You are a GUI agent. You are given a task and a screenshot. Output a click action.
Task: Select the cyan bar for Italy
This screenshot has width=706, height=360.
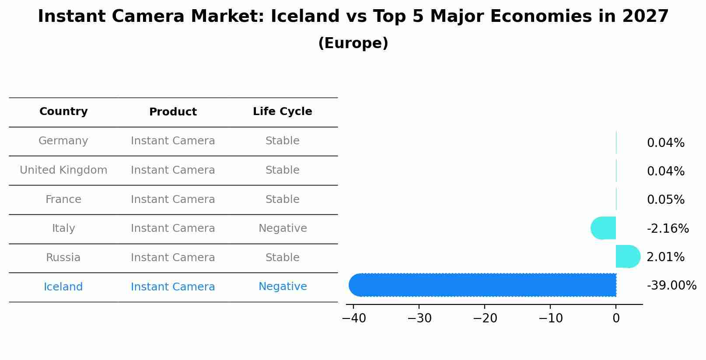pos(604,228)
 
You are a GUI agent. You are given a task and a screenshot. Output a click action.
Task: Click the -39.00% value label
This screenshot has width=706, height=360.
pos(671,286)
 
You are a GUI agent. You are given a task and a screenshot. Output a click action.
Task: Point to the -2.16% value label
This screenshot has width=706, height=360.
pos(668,229)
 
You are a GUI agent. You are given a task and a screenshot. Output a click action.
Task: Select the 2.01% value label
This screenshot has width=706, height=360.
pos(665,257)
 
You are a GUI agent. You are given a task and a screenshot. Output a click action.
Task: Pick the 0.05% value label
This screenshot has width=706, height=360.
pos(665,200)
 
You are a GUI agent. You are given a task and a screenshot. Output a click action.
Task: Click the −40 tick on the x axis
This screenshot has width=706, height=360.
pos(353,318)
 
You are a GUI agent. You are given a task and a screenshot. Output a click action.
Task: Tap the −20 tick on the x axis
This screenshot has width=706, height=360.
pos(485,318)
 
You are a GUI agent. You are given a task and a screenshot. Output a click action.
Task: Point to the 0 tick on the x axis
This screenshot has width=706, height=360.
pos(616,318)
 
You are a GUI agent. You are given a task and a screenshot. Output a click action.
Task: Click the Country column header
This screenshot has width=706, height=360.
pos(63,112)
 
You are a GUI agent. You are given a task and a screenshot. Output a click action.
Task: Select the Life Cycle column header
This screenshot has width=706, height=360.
pos(282,112)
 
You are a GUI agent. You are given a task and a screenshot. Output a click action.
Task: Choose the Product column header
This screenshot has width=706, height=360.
pos(173,112)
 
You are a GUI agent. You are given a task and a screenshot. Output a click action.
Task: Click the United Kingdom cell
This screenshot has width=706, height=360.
pos(63,170)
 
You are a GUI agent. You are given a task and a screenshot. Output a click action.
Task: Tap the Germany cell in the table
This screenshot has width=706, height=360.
pos(63,141)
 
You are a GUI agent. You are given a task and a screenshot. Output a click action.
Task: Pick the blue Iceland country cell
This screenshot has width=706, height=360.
pos(63,287)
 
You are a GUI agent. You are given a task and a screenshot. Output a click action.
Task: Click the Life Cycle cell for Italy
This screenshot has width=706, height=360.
pos(283,228)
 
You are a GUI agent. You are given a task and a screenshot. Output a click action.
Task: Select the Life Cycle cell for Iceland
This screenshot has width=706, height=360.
pos(283,287)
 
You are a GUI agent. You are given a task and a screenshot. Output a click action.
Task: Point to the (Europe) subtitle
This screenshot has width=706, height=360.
pos(353,43)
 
